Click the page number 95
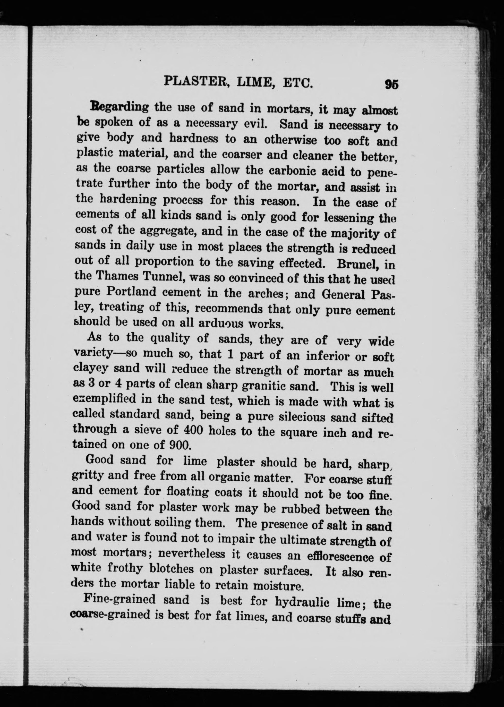tap(391, 84)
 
